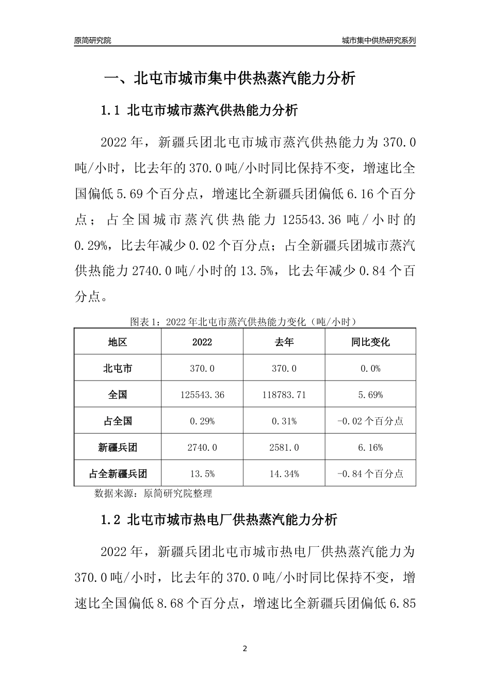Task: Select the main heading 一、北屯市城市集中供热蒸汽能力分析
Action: click(x=230, y=78)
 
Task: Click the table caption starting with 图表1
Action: click(x=244, y=322)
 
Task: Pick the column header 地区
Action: click(x=118, y=342)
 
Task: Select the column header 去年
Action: click(x=284, y=342)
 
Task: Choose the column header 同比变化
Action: click(x=370, y=342)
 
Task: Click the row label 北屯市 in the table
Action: click(x=118, y=368)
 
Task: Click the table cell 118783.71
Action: click(x=284, y=395)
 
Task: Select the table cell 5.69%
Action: click(x=370, y=395)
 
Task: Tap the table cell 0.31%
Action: click(x=284, y=421)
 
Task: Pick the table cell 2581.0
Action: click(x=284, y=447)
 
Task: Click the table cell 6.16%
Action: click(x=370, y=447)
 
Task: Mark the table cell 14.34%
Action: click(x=284, y=474)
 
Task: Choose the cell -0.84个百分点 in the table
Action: click(x=370, y=474)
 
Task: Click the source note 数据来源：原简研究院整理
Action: click(x=153, y=493)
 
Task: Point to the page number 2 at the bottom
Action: click(x=245, y=648)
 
